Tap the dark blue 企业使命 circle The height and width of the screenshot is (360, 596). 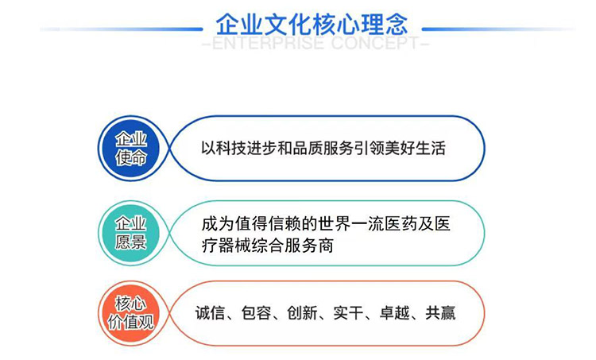click(x=131, y=149)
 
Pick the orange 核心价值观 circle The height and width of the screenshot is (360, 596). click(x=131, y=312)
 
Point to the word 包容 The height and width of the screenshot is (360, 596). click(x=259, y=313)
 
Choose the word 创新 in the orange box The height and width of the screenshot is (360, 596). click(x=303, y=313)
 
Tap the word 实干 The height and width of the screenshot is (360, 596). click(x=346, y=313)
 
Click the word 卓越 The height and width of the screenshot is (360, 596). click(x=391, y=313)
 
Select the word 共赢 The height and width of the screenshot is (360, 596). click(x=437, y=313)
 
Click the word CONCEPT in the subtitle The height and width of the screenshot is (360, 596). click(x=374, y=43)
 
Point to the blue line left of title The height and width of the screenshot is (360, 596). click(x=119, y=29)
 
